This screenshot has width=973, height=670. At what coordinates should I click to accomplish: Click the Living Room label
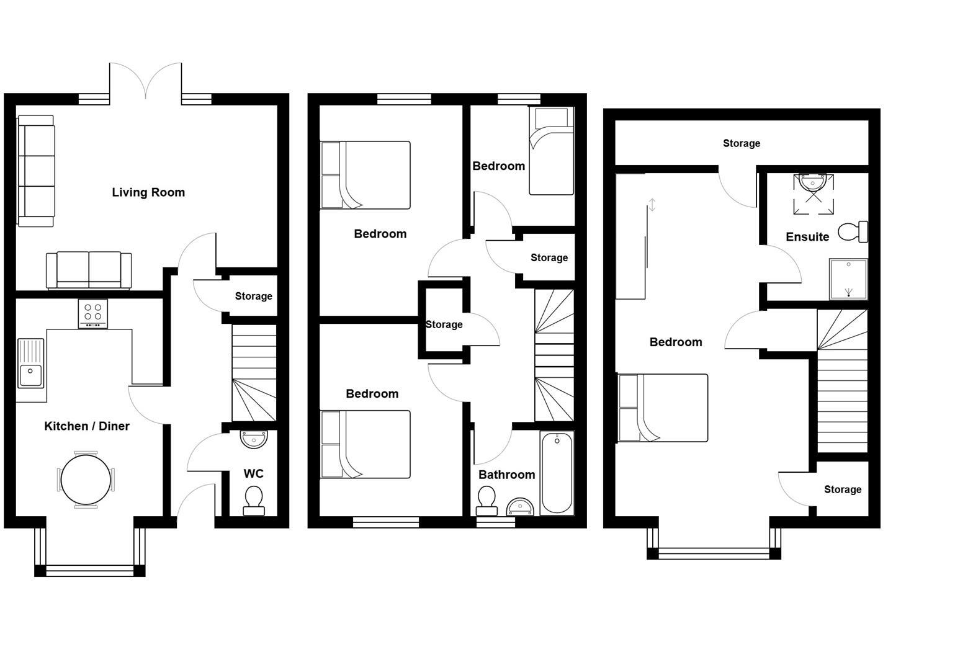[x=148, y=192]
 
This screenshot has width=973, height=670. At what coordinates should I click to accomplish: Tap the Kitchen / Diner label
[x=87, y=426]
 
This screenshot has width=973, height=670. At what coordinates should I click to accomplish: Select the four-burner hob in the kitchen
[x=93, y=313]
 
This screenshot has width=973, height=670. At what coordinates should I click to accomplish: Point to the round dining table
[x=86, y=480]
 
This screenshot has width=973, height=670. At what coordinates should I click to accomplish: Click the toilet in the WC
[x=254, y=501]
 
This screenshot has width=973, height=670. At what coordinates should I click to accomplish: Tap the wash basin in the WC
[x=254, y=439]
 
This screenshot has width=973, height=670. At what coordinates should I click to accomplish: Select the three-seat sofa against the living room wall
[x=36, y=171]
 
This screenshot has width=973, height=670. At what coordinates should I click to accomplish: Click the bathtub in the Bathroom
[x=557, y=473]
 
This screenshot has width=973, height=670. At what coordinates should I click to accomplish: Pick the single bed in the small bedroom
[x=551, y=151]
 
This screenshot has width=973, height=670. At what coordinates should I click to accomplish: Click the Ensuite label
[x=807, y=237]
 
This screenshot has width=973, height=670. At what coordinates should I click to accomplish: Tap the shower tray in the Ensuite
[x=848, y=279]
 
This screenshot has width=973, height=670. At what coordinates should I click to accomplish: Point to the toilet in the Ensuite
[x=853, y=232]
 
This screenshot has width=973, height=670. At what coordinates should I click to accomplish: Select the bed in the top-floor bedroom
[x=663, y=408]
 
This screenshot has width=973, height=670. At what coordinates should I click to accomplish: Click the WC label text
[x=253, y=474]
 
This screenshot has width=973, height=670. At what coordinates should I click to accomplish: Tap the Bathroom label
[x=506, y=475]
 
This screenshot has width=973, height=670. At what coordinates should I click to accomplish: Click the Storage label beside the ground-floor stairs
[x=253, y=297]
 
